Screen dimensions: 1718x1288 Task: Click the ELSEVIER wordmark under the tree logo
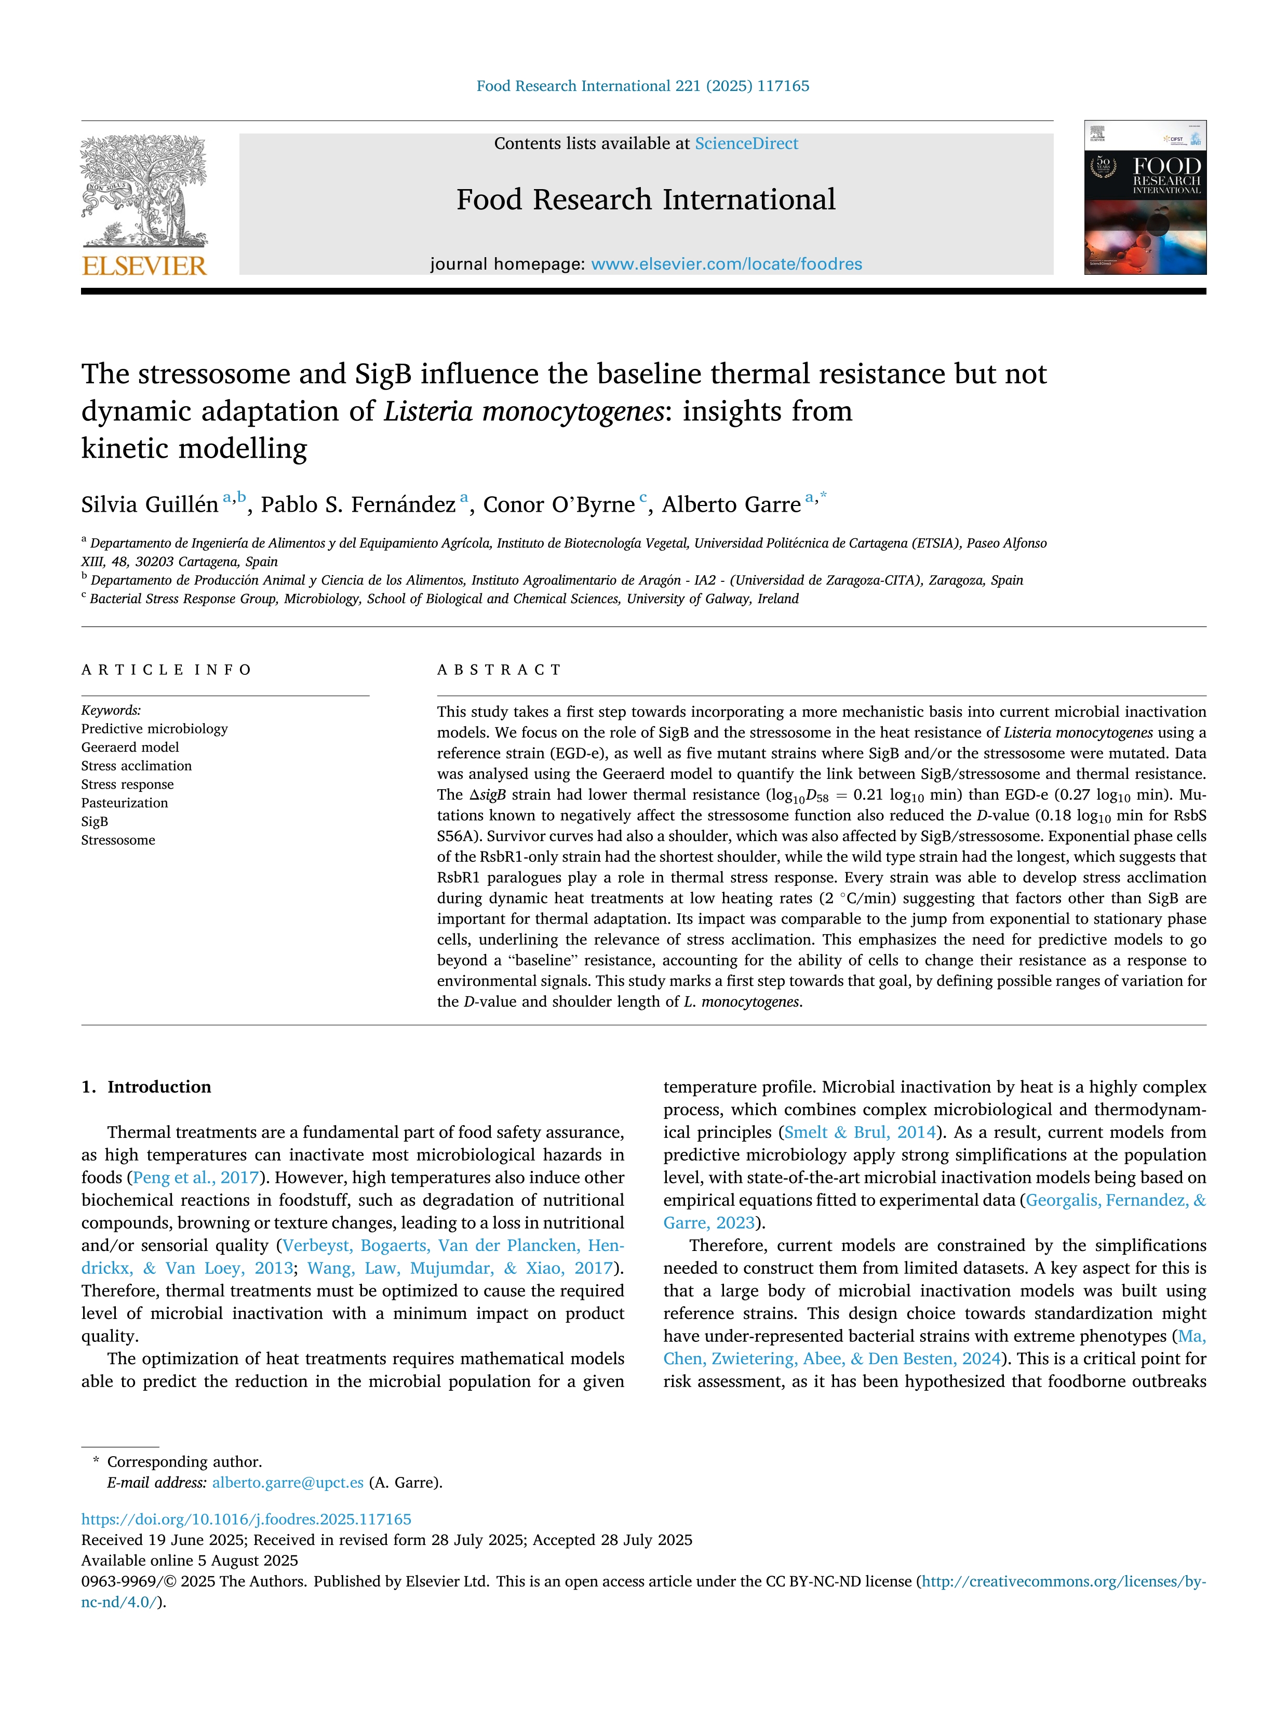click(144, 267)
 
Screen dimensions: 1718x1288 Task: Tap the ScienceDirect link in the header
click(746, 144)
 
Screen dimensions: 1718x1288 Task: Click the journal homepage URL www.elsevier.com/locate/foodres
click(726, 264)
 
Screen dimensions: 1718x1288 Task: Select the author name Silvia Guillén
click(150, 505)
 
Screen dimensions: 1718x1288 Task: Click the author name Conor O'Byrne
click(558, 505)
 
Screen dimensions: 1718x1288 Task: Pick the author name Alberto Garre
click(731, 505)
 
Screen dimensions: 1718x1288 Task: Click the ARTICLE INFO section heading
click(166, 670)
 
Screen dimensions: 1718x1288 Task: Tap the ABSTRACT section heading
click(499, 670)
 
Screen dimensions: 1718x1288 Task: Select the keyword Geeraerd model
click(130, 747)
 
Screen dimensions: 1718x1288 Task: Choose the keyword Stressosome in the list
click(118, 841)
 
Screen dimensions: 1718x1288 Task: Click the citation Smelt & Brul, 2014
click(860, 1133)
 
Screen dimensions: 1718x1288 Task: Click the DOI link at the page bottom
click(246, 1519)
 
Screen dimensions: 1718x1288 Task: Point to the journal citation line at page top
click(643, 86)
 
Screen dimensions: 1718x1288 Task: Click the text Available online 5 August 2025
click(190, 1561)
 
